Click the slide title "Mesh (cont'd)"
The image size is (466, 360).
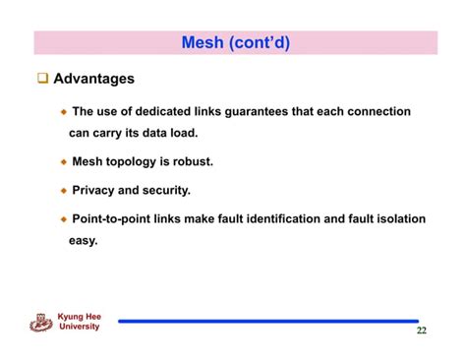pos(236,42)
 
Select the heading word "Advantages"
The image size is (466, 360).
pos(93,79)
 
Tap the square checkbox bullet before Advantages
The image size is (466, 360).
pos(41,79)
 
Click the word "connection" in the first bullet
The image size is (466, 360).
pos(375,112)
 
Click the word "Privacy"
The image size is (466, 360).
pos(94,190)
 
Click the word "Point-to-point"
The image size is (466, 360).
pos(113,218)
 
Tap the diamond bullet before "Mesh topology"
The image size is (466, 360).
pos(64,161)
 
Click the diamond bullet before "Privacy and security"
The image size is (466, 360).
pos(64,190)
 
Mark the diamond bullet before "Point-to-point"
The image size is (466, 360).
pos(64,219)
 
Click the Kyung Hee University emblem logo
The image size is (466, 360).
pos(41,322)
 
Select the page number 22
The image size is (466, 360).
pos(421,330)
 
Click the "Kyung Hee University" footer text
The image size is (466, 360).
pos(80,322)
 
